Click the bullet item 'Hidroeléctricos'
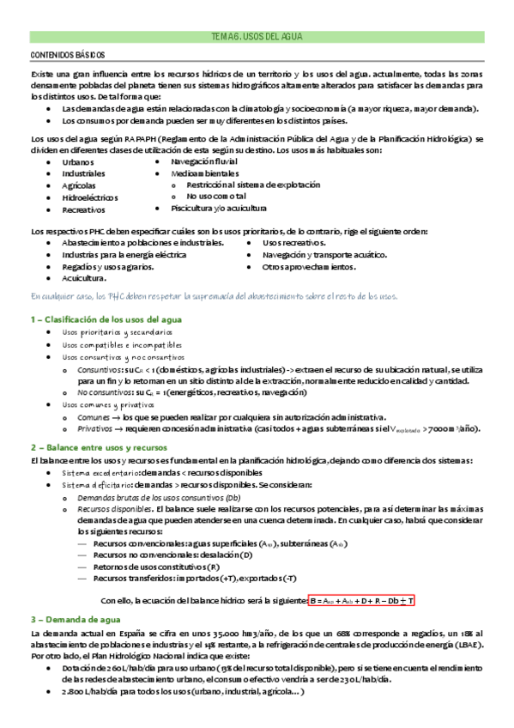[x=92, y=197]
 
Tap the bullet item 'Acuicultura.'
[x=84, y=279]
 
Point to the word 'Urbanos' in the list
[x=77, y=161]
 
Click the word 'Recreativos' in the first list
[x=83, y=209]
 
